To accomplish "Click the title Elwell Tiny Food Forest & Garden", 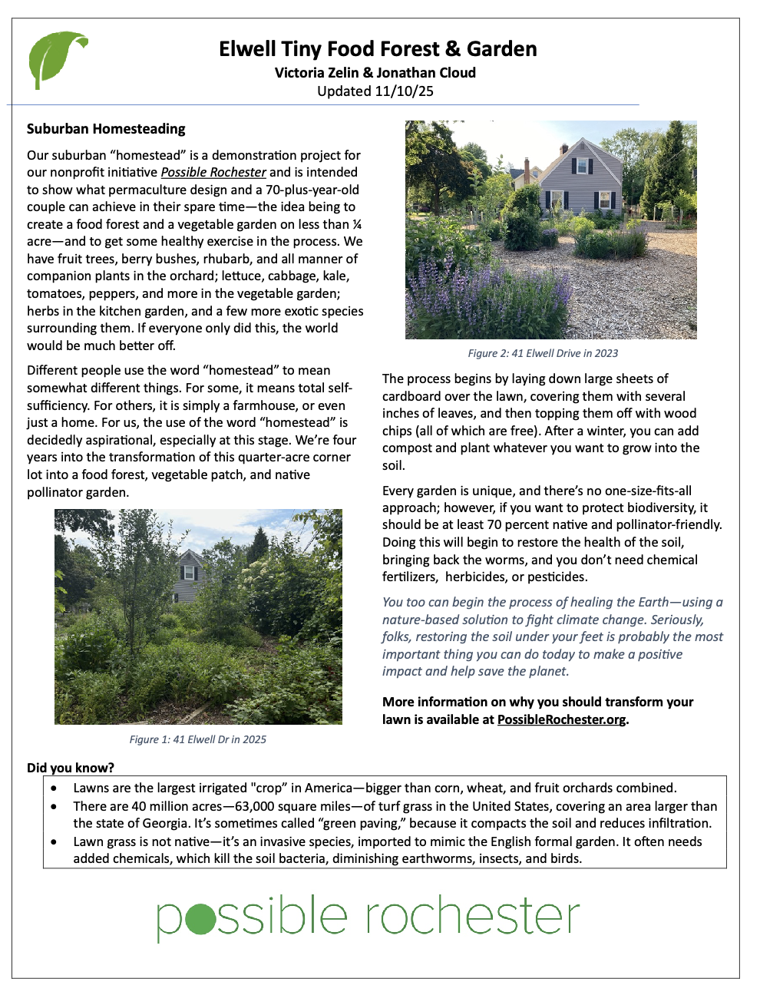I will (x=378, y=49).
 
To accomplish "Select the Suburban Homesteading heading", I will (x=106, y=129).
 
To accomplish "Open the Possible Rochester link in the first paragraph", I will (x=213, y=173).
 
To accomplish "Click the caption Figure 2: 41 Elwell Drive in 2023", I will (x=543, y=353).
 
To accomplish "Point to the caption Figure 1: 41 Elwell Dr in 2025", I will (x=197, y=739).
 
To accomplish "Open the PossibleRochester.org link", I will (x=561, y=720).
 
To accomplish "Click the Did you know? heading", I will (x=71, y=768).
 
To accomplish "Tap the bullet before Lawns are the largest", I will (x=54, y=788).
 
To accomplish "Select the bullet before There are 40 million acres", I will (x=54, y=807).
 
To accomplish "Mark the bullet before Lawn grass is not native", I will (x=54, y=842).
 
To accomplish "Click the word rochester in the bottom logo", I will (x=472, y=915).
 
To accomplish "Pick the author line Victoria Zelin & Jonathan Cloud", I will (x=375, y=73).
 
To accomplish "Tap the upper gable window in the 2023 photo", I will (x=581, y=165).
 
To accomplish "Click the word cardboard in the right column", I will (x=411, y=396).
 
